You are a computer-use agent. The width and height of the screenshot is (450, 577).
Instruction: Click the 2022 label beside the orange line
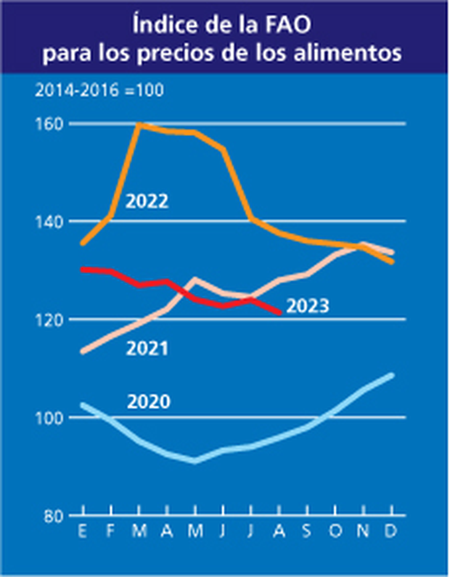147,201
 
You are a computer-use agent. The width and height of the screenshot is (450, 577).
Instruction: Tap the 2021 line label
147,349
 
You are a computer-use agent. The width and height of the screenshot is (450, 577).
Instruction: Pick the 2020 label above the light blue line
149,402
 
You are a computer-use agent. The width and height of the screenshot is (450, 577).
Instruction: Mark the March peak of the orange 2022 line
140,125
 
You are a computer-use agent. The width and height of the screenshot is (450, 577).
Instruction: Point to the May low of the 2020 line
195,461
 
